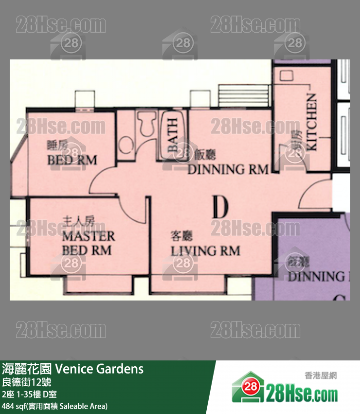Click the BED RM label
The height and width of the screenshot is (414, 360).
tap(72, 160)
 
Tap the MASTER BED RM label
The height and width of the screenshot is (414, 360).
tap(88, 244)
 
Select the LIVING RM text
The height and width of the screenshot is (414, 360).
tap(205, 251)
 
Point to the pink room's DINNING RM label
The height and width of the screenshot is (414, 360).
tap(228, 169)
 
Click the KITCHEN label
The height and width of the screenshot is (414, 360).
tap(311, 122)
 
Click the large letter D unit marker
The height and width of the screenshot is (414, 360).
tap(220, 208)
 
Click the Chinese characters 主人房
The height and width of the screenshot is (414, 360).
tap(78, 222)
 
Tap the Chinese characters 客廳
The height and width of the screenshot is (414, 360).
tap(181, 237)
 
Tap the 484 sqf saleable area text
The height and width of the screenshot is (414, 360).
tap(54, 406)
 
